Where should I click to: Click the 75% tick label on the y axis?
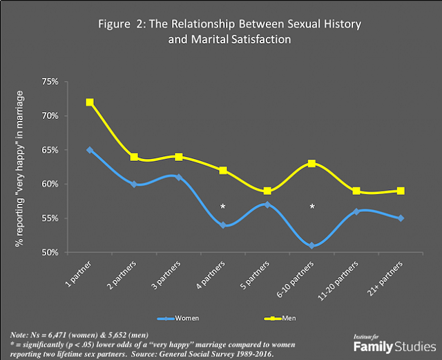[50, 82]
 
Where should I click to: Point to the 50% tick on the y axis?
[50, 253]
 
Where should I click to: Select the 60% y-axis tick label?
[50, 184]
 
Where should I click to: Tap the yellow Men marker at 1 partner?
[89, 102]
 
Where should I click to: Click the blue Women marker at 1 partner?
[89, 150]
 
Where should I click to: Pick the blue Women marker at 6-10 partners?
[312, 245]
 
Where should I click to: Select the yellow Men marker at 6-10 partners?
[312, 164]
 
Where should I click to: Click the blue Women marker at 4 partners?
[223, 225]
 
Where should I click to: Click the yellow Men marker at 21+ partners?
[401, 191]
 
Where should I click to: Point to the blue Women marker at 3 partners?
[178, 178]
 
